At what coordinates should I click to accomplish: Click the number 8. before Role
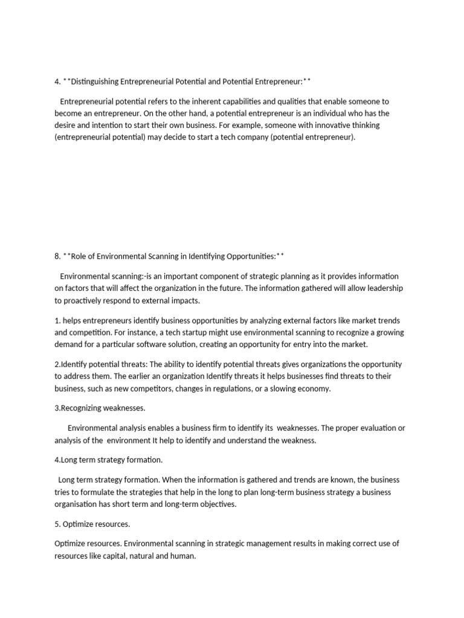point(57,256)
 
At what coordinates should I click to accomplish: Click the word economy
point(311,389)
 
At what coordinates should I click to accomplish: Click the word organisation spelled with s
point(78,504)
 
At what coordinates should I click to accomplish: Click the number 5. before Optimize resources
point(57,524)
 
